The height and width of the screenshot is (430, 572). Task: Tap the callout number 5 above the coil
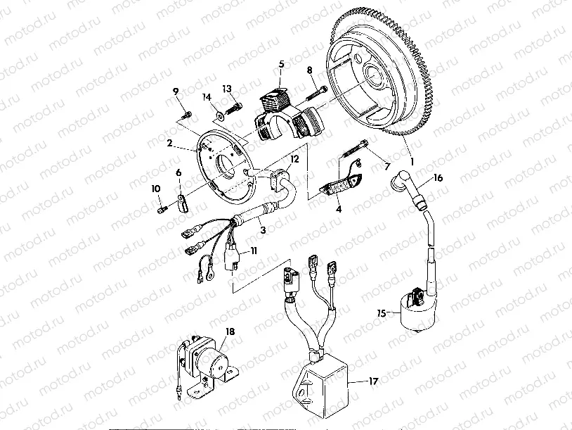point(281,64)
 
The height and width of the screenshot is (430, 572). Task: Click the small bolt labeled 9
point(186,115)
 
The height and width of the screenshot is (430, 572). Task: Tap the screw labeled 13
point(235,106)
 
